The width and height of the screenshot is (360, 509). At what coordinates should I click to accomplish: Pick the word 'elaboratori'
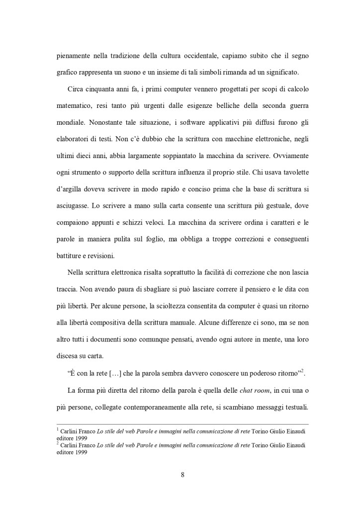click(73, 154)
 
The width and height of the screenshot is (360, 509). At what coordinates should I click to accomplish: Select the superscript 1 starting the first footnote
click(57, 428)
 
